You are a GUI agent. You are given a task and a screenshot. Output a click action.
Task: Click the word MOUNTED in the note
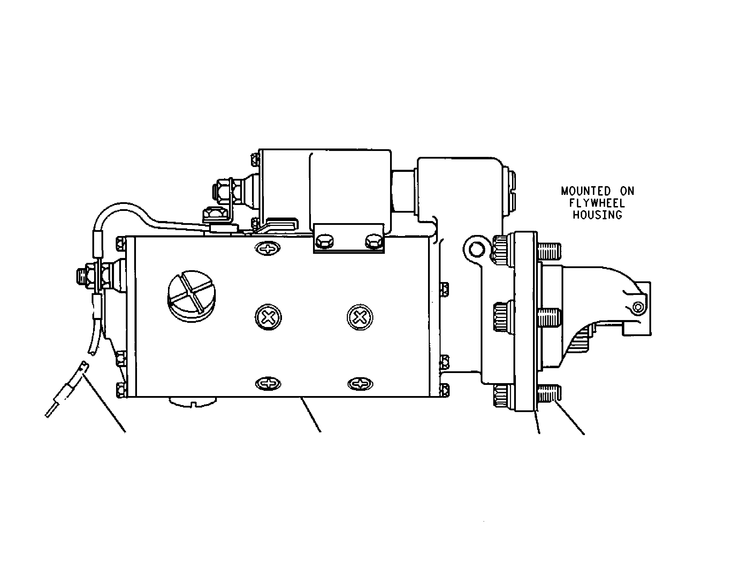click(x=586, y=191)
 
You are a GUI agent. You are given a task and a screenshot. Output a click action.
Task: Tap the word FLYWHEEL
click(x=597, y=203)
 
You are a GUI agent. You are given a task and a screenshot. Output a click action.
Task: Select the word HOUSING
click(x=597, y=215)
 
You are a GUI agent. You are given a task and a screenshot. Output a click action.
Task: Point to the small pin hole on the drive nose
click(x=638, y=307)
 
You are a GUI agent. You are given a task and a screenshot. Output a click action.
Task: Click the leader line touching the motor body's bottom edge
click(x=311, y=415)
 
